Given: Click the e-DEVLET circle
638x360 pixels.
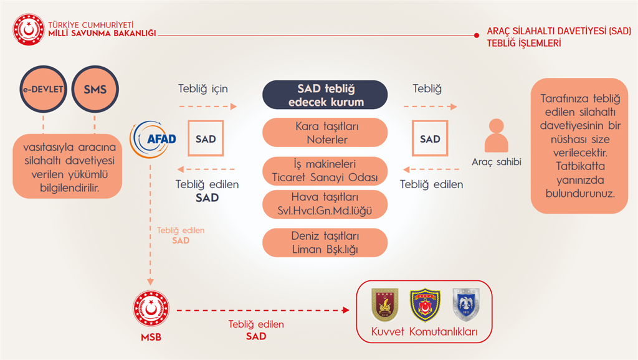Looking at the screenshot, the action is click(43, 89).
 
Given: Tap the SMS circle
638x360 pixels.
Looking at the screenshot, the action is click(95, 89).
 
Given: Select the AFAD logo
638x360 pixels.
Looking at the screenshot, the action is click(153, 139).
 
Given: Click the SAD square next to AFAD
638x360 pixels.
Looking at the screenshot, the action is click(206, 138).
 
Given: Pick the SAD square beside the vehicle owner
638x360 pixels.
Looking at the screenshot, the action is click(430, 138).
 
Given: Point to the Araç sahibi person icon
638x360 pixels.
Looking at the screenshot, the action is click(497, 135).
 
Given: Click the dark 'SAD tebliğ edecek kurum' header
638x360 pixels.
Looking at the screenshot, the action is click(325, 95).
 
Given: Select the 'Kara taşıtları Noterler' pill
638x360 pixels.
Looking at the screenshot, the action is click(325, 133).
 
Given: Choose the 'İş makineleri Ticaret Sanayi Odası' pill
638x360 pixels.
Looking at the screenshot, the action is click(325, 171).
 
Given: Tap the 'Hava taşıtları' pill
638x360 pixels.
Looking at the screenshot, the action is click(325, 204).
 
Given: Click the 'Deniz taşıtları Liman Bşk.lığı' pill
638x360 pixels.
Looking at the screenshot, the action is click(325, 242).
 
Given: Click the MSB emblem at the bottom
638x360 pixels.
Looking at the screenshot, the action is click(151, 309).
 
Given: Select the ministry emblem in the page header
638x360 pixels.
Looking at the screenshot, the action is click(29, 29).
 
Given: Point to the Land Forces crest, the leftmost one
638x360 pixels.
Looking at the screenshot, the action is click(385, 305).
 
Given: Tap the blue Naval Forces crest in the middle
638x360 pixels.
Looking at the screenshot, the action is click(425, 305).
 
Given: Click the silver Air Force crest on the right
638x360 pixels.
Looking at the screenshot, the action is click(466, 305).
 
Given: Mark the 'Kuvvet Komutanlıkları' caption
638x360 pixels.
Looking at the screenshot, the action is click(424, 331).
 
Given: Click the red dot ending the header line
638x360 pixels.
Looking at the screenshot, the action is click(477, 36).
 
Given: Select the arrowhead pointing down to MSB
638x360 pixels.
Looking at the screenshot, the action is click(150, 282).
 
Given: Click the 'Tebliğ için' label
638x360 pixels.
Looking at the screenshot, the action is click(203, 88).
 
